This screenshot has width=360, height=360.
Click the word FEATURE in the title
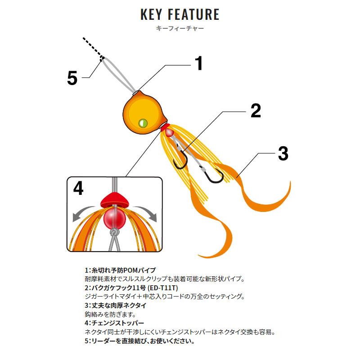(193, 14)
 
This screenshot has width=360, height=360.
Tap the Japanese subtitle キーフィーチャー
(180, 28)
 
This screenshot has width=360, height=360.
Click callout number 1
(199, 63)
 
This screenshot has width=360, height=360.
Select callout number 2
(256, 111)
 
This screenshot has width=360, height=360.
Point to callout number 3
(283, 153)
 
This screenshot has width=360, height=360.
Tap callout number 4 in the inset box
(78, 188)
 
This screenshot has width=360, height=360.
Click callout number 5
(72, 78)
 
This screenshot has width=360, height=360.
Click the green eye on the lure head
(143, 123)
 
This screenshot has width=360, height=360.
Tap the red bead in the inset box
(114, 217)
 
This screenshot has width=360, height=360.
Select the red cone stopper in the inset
(114, 200)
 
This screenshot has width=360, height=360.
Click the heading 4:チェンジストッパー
(114, 323)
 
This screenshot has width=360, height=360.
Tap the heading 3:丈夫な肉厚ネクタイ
(116, 306)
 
